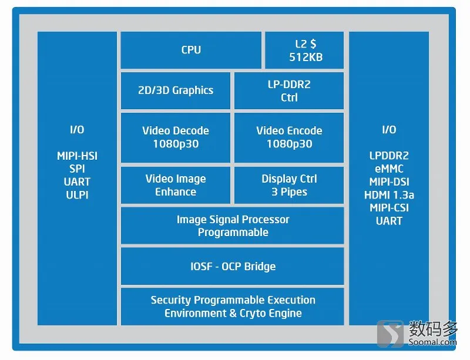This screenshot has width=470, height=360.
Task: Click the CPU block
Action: (x=191, y=50)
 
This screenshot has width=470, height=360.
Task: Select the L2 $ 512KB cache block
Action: (x=304, y=50)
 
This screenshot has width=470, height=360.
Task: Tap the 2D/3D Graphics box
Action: (x=176, y=90)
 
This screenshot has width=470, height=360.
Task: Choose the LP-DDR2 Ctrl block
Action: (x=289, y=90)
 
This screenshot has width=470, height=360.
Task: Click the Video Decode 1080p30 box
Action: (x=176, y=137)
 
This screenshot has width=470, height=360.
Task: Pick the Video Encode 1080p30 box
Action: (x=289, y=137)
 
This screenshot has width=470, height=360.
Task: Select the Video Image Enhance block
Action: (x=176, y=185)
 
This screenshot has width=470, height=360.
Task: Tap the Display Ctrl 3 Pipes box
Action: (x=289, y=185)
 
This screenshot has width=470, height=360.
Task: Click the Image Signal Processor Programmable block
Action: (x=232, y=226)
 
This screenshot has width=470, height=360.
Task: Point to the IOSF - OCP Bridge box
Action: (x=232, y=266)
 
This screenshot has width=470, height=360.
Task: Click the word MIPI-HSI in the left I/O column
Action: (x=77, y=156)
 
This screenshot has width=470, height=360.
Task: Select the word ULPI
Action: (x=77, y=195)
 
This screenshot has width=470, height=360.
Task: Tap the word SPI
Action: (x=77, y=169)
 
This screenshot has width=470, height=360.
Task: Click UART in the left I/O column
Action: (x=77, y=181)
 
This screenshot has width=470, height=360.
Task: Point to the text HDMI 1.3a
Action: (x=389, y=195)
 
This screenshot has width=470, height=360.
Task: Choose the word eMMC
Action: (x=389, y=169)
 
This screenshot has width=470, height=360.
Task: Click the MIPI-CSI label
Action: (x=389, y=208)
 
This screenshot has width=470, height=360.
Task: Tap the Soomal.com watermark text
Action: (x=432, y=342)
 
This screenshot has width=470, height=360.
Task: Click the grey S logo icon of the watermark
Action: (x=391, y=334)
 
